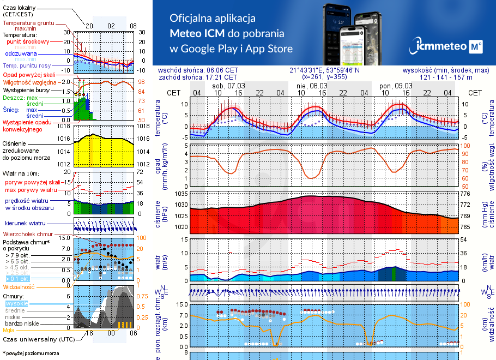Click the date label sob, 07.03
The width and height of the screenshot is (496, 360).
pyautogui.click(x=228, y=86)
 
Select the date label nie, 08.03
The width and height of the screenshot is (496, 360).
pyautogui.click(x=312, y=86)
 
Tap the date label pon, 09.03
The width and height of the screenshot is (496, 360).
pyautogui.click(x=395, y=86)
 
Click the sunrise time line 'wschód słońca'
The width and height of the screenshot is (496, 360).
pyautogui.click(x=198, y=70)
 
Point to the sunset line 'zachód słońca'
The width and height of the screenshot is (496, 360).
pyautogui.click(x=198, y=77)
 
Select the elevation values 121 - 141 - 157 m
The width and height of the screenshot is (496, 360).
pyautogui.click(x=446, y=77)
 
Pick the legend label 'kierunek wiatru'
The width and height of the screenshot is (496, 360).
pyautogui.click(x=24, y=224)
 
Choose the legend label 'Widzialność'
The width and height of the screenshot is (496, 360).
pyautogui.click(x=19, y=286)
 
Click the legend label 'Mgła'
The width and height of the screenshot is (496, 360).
pyautogui.click(x=9, y=330)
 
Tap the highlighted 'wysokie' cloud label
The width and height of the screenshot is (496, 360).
pyautogui.click(x=16, y=303)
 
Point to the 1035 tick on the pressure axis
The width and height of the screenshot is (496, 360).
pyautogui.click(x=180, y=194)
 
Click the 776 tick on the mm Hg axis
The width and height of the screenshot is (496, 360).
pyautogui.click(x=464, y=194)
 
